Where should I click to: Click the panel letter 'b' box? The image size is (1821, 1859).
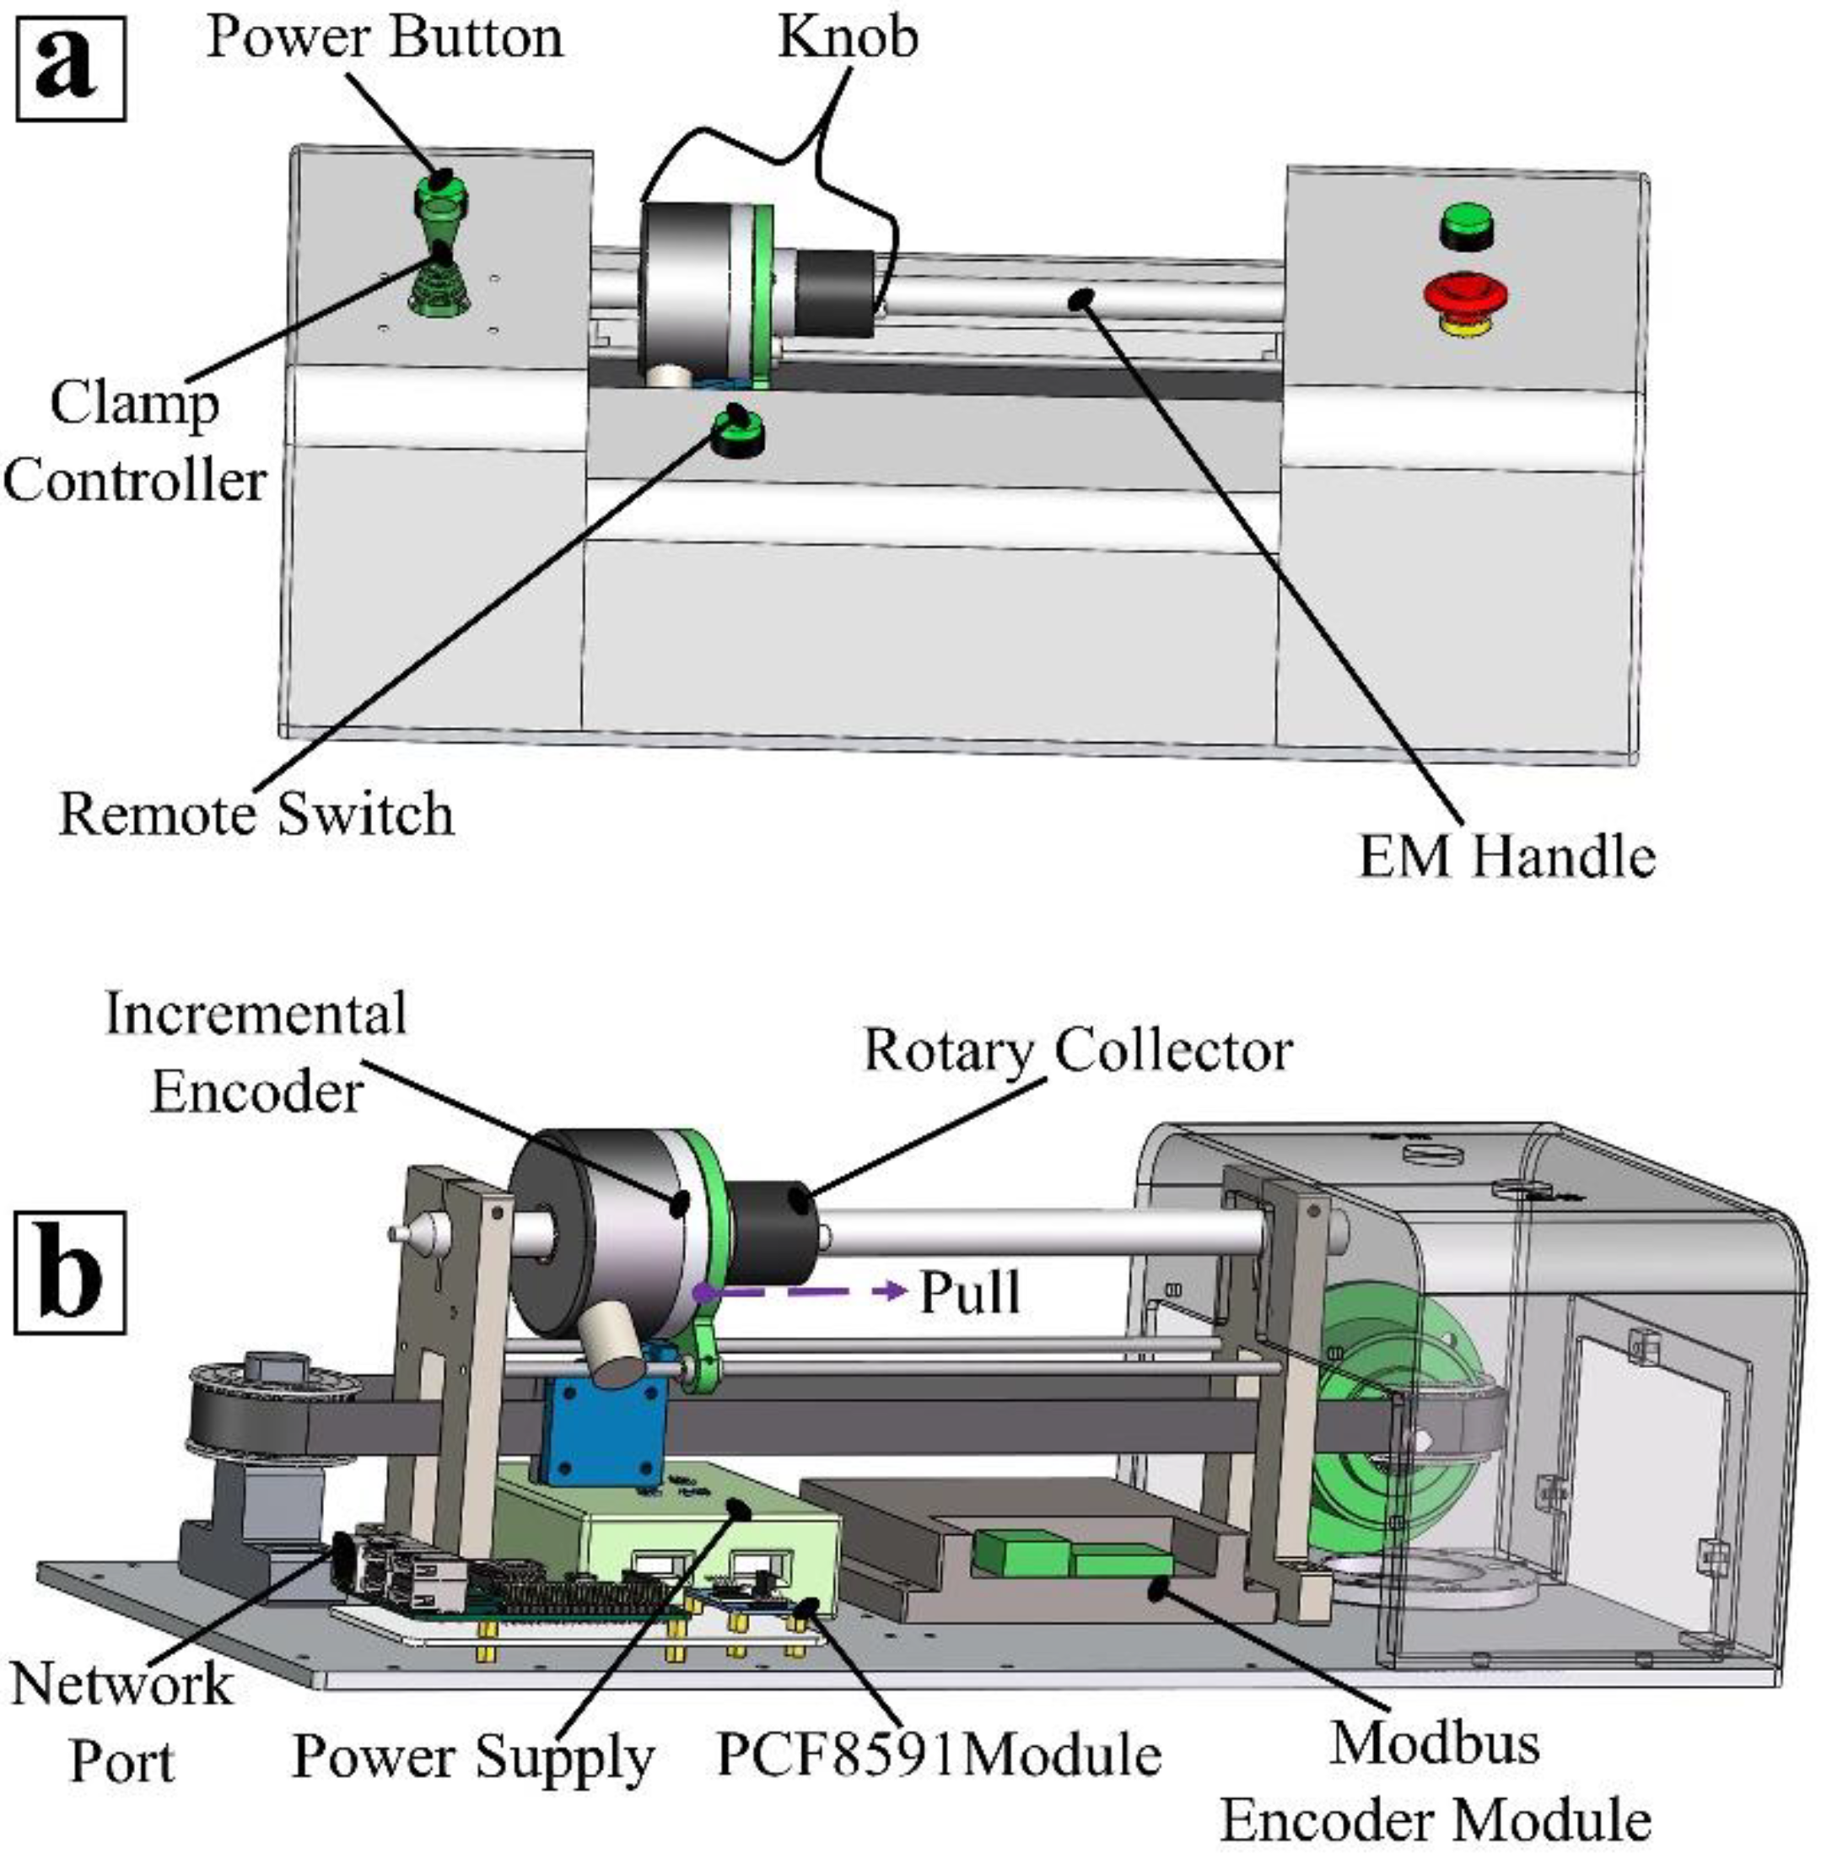pyautogui.click(x=70, y=1272)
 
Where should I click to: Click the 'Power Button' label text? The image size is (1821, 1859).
pyautogui.click(x=385, y=38)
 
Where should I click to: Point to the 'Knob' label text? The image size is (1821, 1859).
pyautogui.click(x=848, y=38)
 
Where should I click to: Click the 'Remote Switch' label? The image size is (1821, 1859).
pyautogui.click(x=256, y=815)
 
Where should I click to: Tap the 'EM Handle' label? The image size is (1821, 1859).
pyautogui.click(x=1506, y=856)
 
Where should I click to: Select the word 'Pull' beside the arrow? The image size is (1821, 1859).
pyautogui.click(x=969, y=1293)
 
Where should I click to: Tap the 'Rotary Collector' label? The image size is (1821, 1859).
pyautogui.click(x=1078, y=1051)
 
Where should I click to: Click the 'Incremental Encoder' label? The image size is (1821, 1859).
pyautogui.click(x=256, y=1052)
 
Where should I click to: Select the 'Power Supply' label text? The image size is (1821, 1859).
pyautogui.click(x=472, y=1757)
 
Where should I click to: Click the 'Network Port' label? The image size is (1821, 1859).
pyautogui.click(x=121, y=1722)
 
